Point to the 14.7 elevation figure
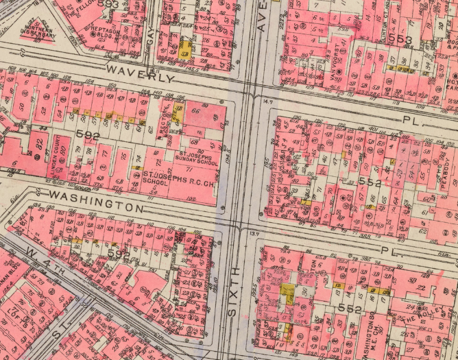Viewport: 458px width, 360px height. pyautogui.click(x=268, y=101)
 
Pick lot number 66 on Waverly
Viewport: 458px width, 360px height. pyautogui.click(x=195, y=112)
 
